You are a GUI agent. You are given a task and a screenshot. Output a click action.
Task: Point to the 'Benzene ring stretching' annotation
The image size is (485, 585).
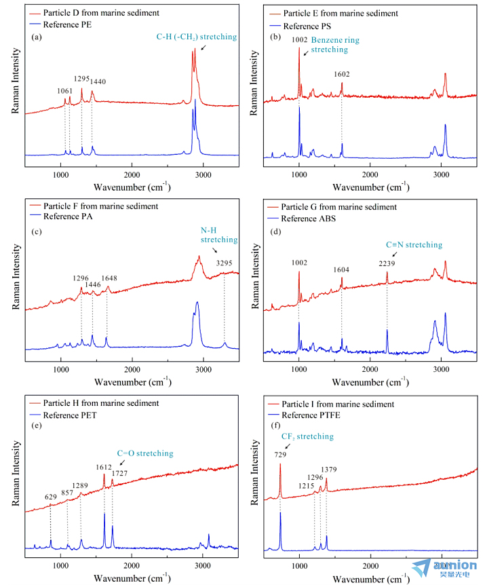335,45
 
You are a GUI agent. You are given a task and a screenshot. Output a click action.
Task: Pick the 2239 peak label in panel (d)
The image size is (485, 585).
387,263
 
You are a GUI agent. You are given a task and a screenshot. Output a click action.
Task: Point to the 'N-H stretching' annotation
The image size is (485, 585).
219,235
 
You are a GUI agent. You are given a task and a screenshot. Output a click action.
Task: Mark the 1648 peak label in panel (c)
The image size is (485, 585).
109,278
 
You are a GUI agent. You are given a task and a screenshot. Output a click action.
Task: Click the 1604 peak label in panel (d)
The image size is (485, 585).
342,270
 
